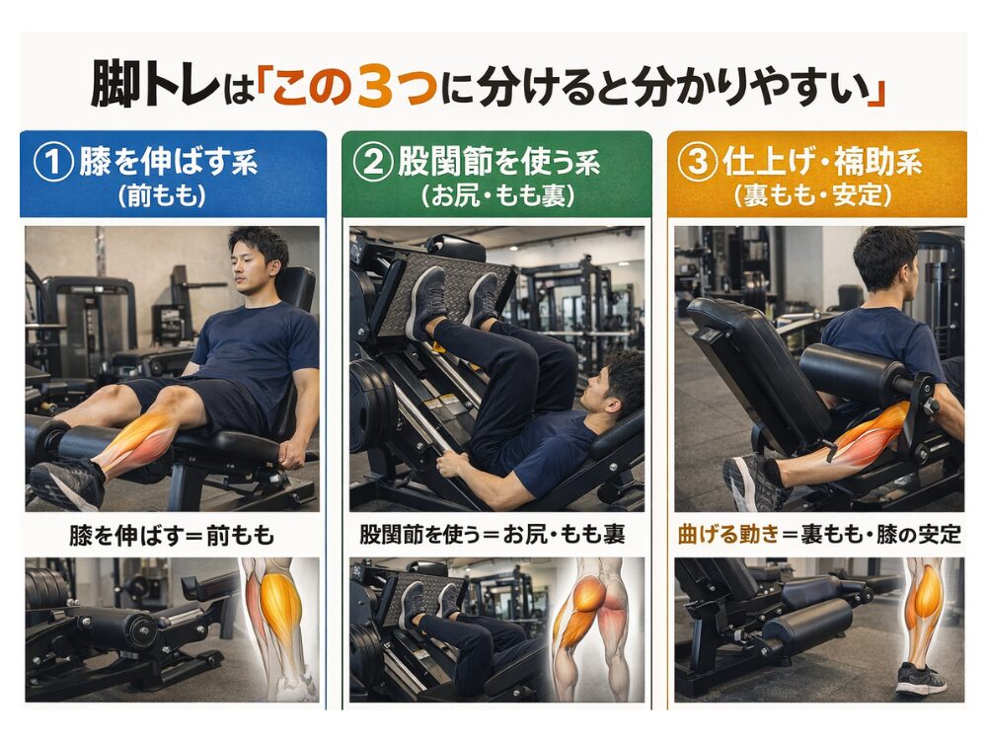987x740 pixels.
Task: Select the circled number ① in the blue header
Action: click(x=53, y=162)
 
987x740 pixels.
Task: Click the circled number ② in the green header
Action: click(x=373, y=162)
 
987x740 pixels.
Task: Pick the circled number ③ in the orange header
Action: click(x=698, y=162)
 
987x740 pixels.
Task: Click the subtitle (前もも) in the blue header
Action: click(x=163, y=196)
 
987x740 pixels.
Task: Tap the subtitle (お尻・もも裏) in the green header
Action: click(x=497, y=196)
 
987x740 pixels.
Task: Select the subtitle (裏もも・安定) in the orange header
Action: click(x=812, y=195)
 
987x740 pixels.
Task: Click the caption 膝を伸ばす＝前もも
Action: click(x=172, y=536)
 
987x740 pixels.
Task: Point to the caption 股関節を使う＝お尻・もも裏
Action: click(x=493, y=534)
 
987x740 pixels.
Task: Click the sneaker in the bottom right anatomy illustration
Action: click(x=920, y=680)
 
